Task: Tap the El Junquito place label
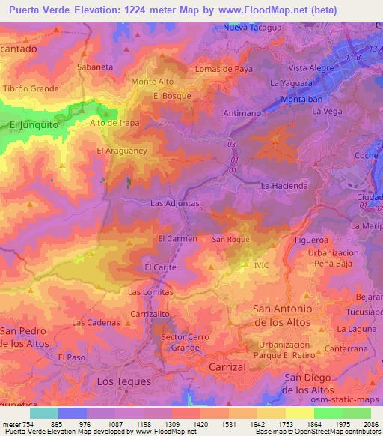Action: coord(33,126)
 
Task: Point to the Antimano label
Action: coord(241,112)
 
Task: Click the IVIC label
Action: coord(261,265)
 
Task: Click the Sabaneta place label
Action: coord(95,67)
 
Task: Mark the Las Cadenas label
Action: coord(96,323)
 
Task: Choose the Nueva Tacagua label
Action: coord(253,28)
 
